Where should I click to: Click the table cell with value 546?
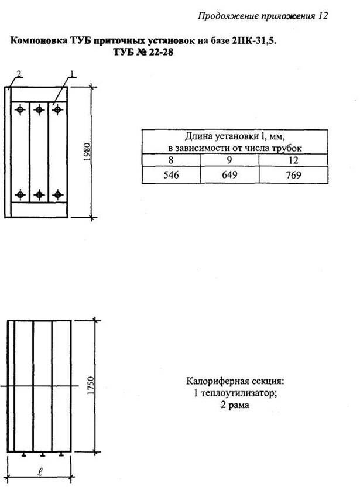(171, 175)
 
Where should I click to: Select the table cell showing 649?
(229, 175)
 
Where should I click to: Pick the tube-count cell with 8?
(171, 160)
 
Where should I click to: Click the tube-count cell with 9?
(229, 160)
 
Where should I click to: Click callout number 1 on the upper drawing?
(73, 74)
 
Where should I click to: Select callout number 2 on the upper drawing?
(19, 74)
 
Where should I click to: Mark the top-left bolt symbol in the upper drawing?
(21, 109)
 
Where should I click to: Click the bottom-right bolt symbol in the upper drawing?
(57, 193)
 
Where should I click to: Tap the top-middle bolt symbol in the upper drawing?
(39, 109)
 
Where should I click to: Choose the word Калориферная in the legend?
(214, 381)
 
